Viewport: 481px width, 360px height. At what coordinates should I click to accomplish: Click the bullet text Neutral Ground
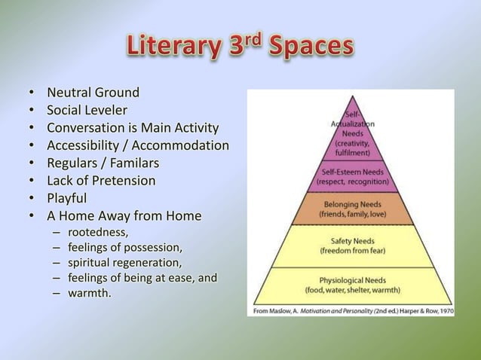[93, 93]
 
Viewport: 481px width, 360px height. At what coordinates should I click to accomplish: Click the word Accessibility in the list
[87, 145]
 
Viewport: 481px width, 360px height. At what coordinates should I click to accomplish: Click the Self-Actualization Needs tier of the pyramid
[351, 133]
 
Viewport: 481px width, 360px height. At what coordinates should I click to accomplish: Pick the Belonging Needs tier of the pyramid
[351, 209]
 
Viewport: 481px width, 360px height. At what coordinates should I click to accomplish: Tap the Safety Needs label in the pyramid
[351, 245]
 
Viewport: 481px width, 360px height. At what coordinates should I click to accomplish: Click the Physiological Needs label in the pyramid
[351, 283]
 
